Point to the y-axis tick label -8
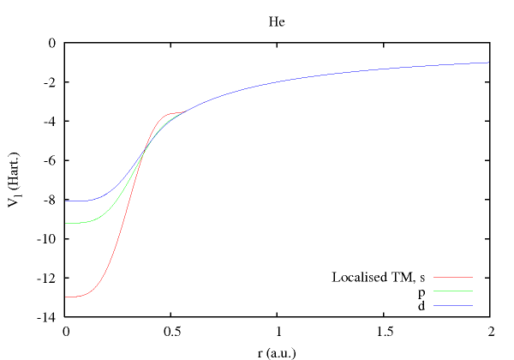[51, 200]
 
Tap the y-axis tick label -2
[51, 81]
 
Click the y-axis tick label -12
[48, 279]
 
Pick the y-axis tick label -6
[51, 160]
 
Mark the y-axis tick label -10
[48, 239]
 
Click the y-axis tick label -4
[51, 121]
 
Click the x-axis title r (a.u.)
[277, 351]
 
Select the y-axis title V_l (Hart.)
[18, 180]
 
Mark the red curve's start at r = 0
[66, 297]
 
